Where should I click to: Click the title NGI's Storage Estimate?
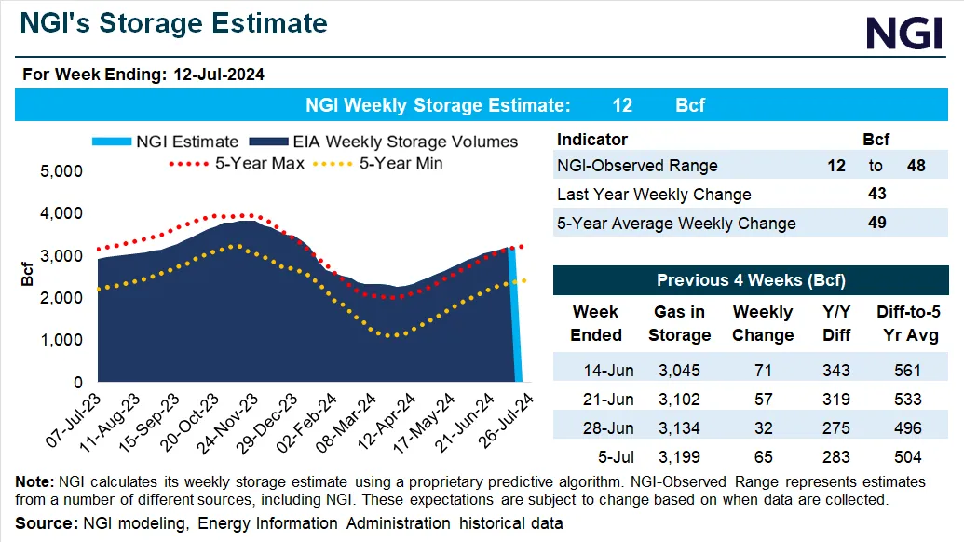tap(174, 23)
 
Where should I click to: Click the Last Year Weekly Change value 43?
tap(876, 194)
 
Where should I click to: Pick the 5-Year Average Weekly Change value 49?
tap(876, 223)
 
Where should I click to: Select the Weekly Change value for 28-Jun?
tap(763, 427)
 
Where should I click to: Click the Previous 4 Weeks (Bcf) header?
tap(751, 280)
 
